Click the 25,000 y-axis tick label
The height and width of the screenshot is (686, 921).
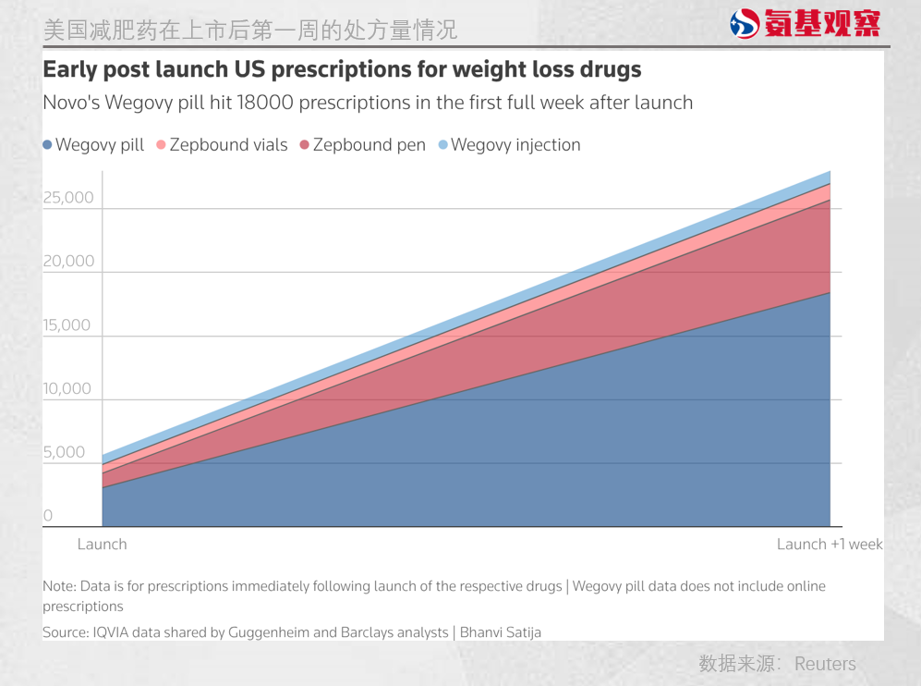click(x=68, y=198)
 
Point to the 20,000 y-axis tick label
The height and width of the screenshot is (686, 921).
click(x=68, y=262)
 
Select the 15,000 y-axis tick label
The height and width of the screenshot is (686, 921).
click(x=68, y=325)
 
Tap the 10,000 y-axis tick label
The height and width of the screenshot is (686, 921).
click(x=68, y=389)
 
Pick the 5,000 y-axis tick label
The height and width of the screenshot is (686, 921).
click(x=64, y=453)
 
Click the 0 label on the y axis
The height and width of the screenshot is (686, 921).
click(x=48, y=516)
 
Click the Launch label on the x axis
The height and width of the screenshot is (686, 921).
click(x=102, y=544)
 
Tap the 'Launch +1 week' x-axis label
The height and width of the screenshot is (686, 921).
click(x=830, y=544)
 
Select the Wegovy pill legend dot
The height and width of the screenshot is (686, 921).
click(x=48, y=145)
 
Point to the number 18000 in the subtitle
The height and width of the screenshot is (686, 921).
click(x=267, y=102)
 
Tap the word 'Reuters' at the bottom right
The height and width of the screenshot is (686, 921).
click(x=825, y=664)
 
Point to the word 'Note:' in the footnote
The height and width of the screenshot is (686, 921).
click(x=61, y=586)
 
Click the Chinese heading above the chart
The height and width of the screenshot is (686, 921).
click(x=250, y=30)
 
